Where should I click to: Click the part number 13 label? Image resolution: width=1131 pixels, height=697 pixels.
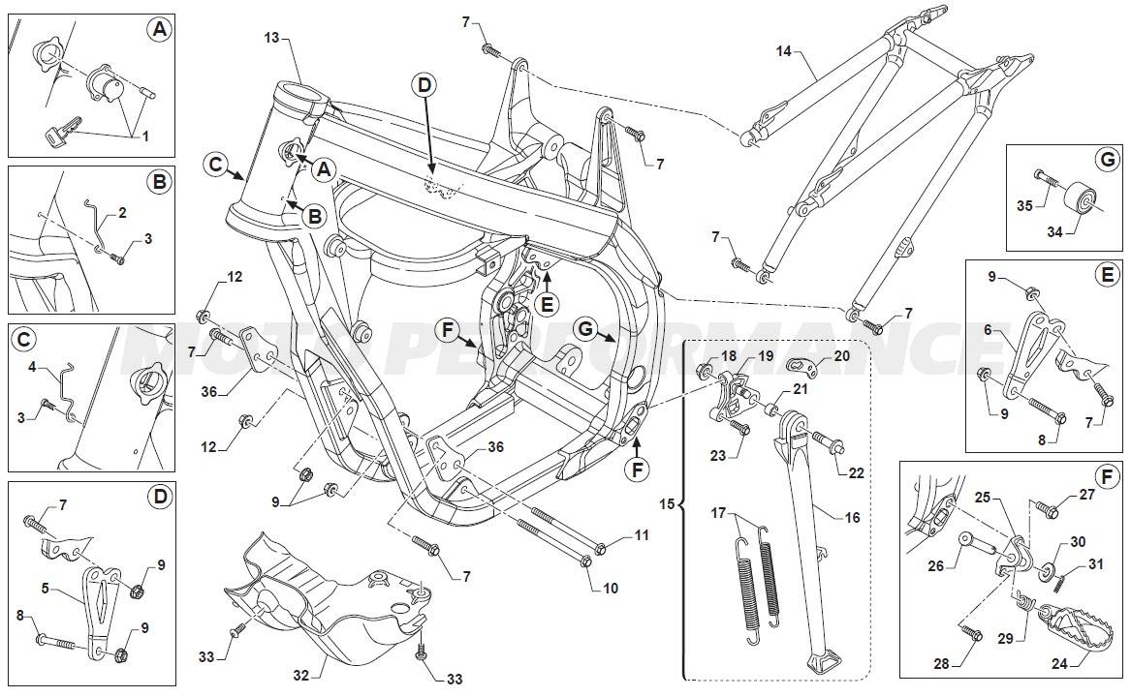pos(271,37)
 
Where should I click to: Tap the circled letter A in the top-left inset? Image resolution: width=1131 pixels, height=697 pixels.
pos(160,30)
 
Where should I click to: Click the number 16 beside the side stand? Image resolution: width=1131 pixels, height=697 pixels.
pos(852,518)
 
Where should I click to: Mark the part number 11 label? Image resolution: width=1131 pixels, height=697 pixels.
pos(642,534)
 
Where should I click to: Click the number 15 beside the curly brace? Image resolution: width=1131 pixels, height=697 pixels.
pos(664,505)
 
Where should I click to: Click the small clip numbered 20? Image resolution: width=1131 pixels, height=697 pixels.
pos(799,366)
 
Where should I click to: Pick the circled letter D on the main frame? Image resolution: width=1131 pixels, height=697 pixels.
pos(423,85)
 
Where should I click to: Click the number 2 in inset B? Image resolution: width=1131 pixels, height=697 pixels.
pos(122,211)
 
